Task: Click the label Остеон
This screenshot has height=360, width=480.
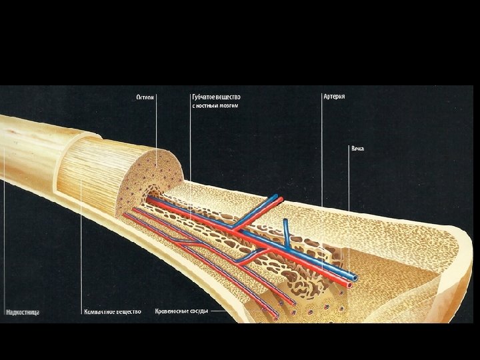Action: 145,97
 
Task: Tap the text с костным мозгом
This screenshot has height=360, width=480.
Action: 215,106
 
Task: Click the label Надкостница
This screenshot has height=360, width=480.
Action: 21,311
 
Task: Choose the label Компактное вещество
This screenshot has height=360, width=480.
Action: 112,311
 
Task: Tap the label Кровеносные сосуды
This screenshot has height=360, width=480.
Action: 181,311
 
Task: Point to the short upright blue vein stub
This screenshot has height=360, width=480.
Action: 285,229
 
